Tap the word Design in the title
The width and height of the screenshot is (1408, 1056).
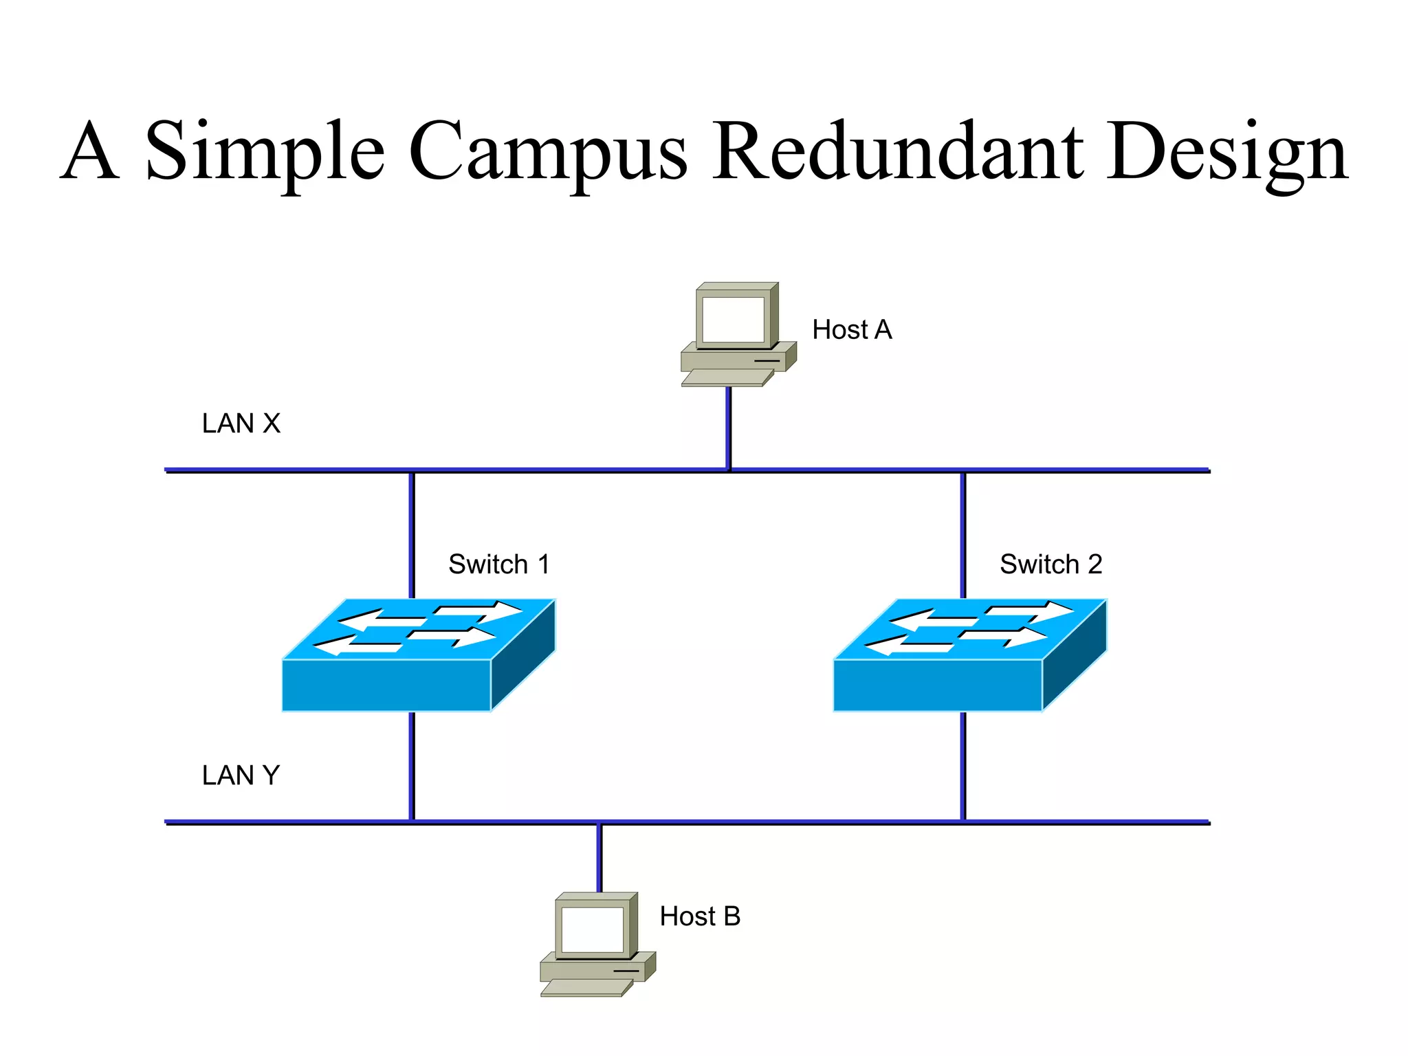point(1226,153)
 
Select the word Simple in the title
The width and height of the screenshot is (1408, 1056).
point(265,153)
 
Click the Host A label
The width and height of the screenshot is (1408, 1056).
point(852,330)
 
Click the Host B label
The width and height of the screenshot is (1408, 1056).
point(700,916)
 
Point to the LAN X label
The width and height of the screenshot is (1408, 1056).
point(241,423)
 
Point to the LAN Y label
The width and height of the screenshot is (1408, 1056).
point(241,775)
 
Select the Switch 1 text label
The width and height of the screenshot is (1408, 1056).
point(499,564)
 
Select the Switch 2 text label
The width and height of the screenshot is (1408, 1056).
point(1050,564)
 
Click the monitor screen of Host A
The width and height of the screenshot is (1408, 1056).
point(733,320)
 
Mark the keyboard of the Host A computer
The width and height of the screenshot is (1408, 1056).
point(726,378)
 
